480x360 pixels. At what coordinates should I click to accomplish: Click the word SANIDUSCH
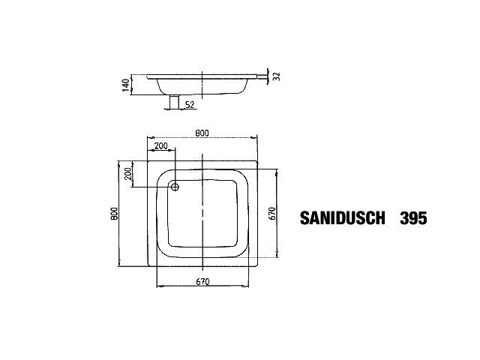pos(342,218)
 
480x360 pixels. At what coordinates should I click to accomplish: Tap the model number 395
pos(413,218)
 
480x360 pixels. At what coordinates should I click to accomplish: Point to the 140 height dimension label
pos(126,85)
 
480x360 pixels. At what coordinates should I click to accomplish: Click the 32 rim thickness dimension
pos(277,76)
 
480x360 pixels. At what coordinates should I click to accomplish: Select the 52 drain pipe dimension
pos(190,105)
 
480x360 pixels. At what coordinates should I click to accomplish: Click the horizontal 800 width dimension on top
pos(202,133)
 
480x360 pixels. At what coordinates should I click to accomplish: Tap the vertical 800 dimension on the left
pos(114,214)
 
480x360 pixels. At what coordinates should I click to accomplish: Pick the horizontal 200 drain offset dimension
pos(161,145)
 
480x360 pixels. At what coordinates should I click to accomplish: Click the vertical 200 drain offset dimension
pos(128,173)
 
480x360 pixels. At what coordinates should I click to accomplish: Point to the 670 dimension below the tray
pos(202,281)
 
